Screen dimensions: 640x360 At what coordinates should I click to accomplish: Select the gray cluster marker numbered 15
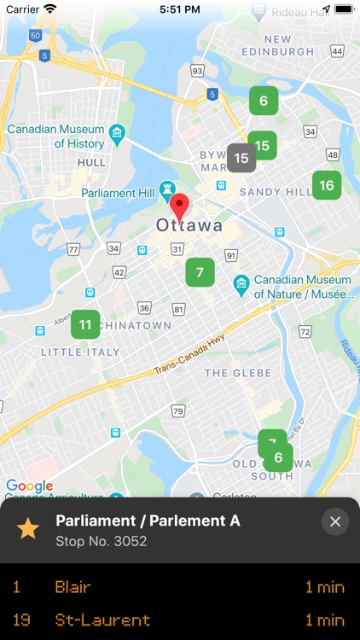click(x=241, y=158)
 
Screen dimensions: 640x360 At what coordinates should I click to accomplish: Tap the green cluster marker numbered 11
click(x=85, y=324)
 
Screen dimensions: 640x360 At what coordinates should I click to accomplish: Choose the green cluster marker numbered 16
click(x=327, y=185)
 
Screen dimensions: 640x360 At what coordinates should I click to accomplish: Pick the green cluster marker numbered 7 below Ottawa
click(x=200, y=272)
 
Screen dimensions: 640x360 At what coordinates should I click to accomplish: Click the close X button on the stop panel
click(x=335, y=521)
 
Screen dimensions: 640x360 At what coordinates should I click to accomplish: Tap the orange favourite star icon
click(x=28, y=528)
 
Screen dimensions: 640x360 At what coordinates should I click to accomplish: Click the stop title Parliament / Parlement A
click(x=148, y=520)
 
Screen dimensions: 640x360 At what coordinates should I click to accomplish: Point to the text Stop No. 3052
click(x=102, y=540)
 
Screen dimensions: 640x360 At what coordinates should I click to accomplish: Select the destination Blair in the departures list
click(x=73, y=587)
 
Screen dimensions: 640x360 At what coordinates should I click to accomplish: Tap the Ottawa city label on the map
click(x=189, y=226)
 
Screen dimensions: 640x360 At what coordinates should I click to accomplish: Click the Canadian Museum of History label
click(x=55, y=137)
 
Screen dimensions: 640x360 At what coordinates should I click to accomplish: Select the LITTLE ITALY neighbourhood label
click(x=81, y=352)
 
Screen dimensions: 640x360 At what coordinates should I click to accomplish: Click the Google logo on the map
click(x=30, y=486)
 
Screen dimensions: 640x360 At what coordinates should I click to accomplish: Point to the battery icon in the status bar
click(x=342, y=9)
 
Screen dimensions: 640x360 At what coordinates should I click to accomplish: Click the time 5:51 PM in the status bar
click(x=179, y=9)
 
